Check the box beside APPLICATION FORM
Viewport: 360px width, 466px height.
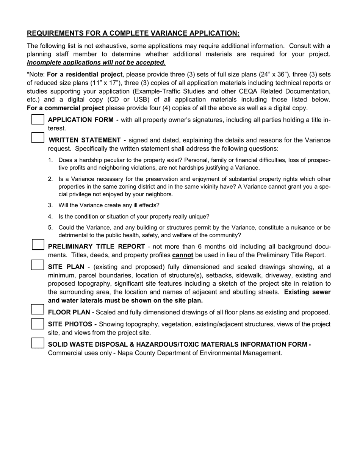(x=38, y=119)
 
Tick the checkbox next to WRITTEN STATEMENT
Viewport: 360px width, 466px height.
(x=38, y=137)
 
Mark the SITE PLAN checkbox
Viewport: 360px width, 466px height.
(x=38, y=264)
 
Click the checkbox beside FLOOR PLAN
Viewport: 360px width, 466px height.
(x=38, y=310)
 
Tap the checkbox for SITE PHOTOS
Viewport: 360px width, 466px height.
(x=38, y=324)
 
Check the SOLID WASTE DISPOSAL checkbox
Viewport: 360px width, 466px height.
(x=38, y=343)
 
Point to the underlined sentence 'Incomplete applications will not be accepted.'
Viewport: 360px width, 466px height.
(x=96, y=63)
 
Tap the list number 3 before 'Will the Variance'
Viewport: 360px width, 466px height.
(x=50, y=205)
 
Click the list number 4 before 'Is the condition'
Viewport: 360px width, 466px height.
(x=50, y=217)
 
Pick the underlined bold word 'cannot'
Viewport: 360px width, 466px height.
(x=183, y=255)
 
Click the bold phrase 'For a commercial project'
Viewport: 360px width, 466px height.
(x=65, y=108)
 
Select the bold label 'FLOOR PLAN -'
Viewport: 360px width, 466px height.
(x=71, y=313)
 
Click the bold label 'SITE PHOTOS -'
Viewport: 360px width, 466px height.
(x=72, y=324)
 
